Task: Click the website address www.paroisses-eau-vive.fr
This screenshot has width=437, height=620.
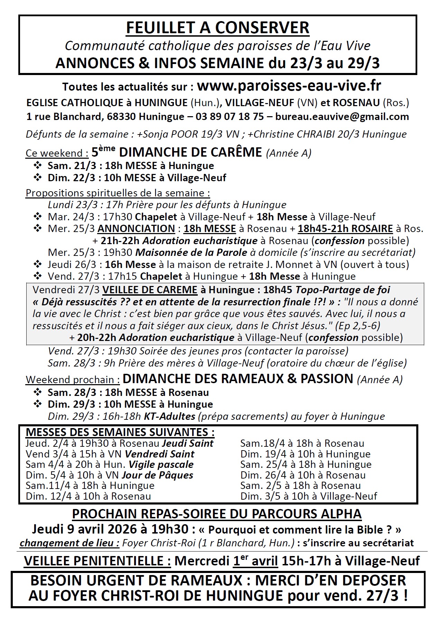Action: [289, 86]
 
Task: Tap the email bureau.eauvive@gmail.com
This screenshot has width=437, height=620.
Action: [342, 117]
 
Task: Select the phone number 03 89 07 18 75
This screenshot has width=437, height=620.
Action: [229, 117]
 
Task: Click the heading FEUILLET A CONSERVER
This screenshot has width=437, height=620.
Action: [217, 28]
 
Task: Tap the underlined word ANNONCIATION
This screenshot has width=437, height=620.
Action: [136, 229]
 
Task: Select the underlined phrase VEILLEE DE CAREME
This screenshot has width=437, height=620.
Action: [150, 290]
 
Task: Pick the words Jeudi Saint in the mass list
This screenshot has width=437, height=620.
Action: [188, 443]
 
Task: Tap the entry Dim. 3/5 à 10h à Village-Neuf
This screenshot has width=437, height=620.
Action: [309, 496]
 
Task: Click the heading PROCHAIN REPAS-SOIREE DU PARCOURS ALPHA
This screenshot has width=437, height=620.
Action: [217, 514]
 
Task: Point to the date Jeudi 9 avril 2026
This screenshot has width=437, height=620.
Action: [110, 529]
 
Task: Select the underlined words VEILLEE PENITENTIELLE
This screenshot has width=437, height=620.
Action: [97, 561]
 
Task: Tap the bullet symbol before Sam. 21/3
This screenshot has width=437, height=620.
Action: [37, 166]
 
